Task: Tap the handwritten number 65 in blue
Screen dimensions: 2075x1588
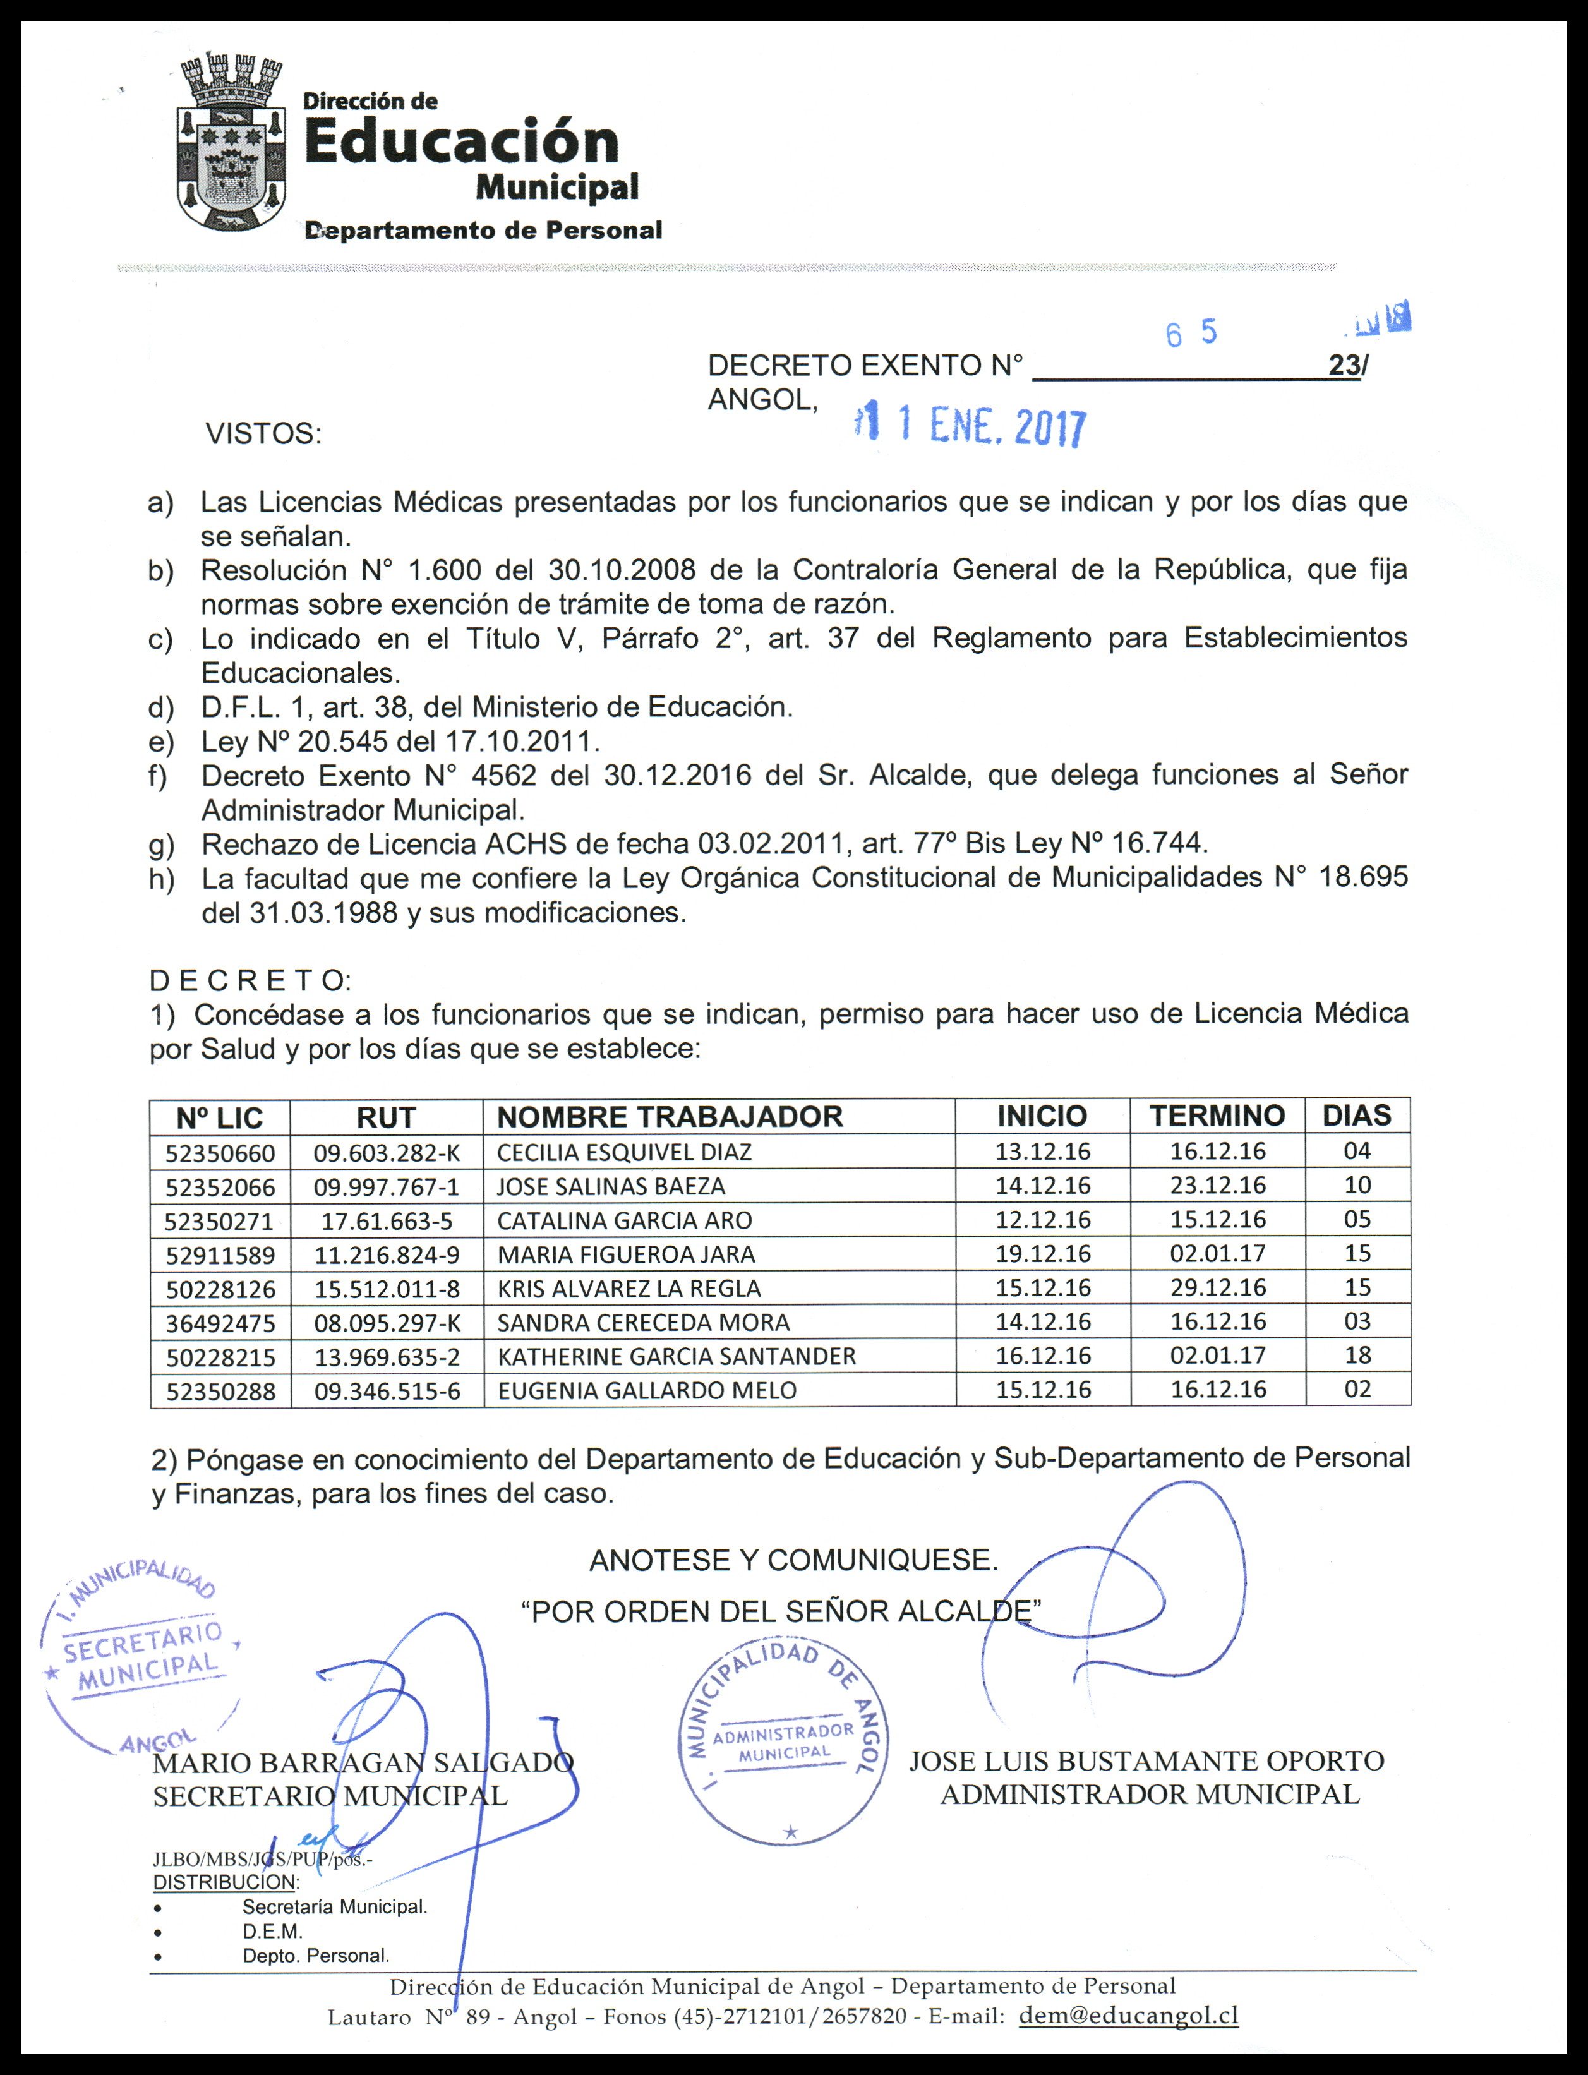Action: click(x=1190, y=334)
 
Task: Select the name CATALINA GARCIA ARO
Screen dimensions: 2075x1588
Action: click(x=624, y=1220)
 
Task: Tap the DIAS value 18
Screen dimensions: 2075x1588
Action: click(x=1357, y=1356)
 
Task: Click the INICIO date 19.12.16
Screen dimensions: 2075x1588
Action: click(x=1043, y=1253)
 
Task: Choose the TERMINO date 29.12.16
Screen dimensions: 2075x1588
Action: click(x=1217, y=1287)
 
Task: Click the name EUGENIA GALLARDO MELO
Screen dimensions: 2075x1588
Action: click(x=647, y=1390)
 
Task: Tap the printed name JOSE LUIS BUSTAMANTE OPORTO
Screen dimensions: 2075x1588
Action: click(x=1146, y=1761)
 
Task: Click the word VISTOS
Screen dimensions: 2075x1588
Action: click(x=264, y=435)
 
